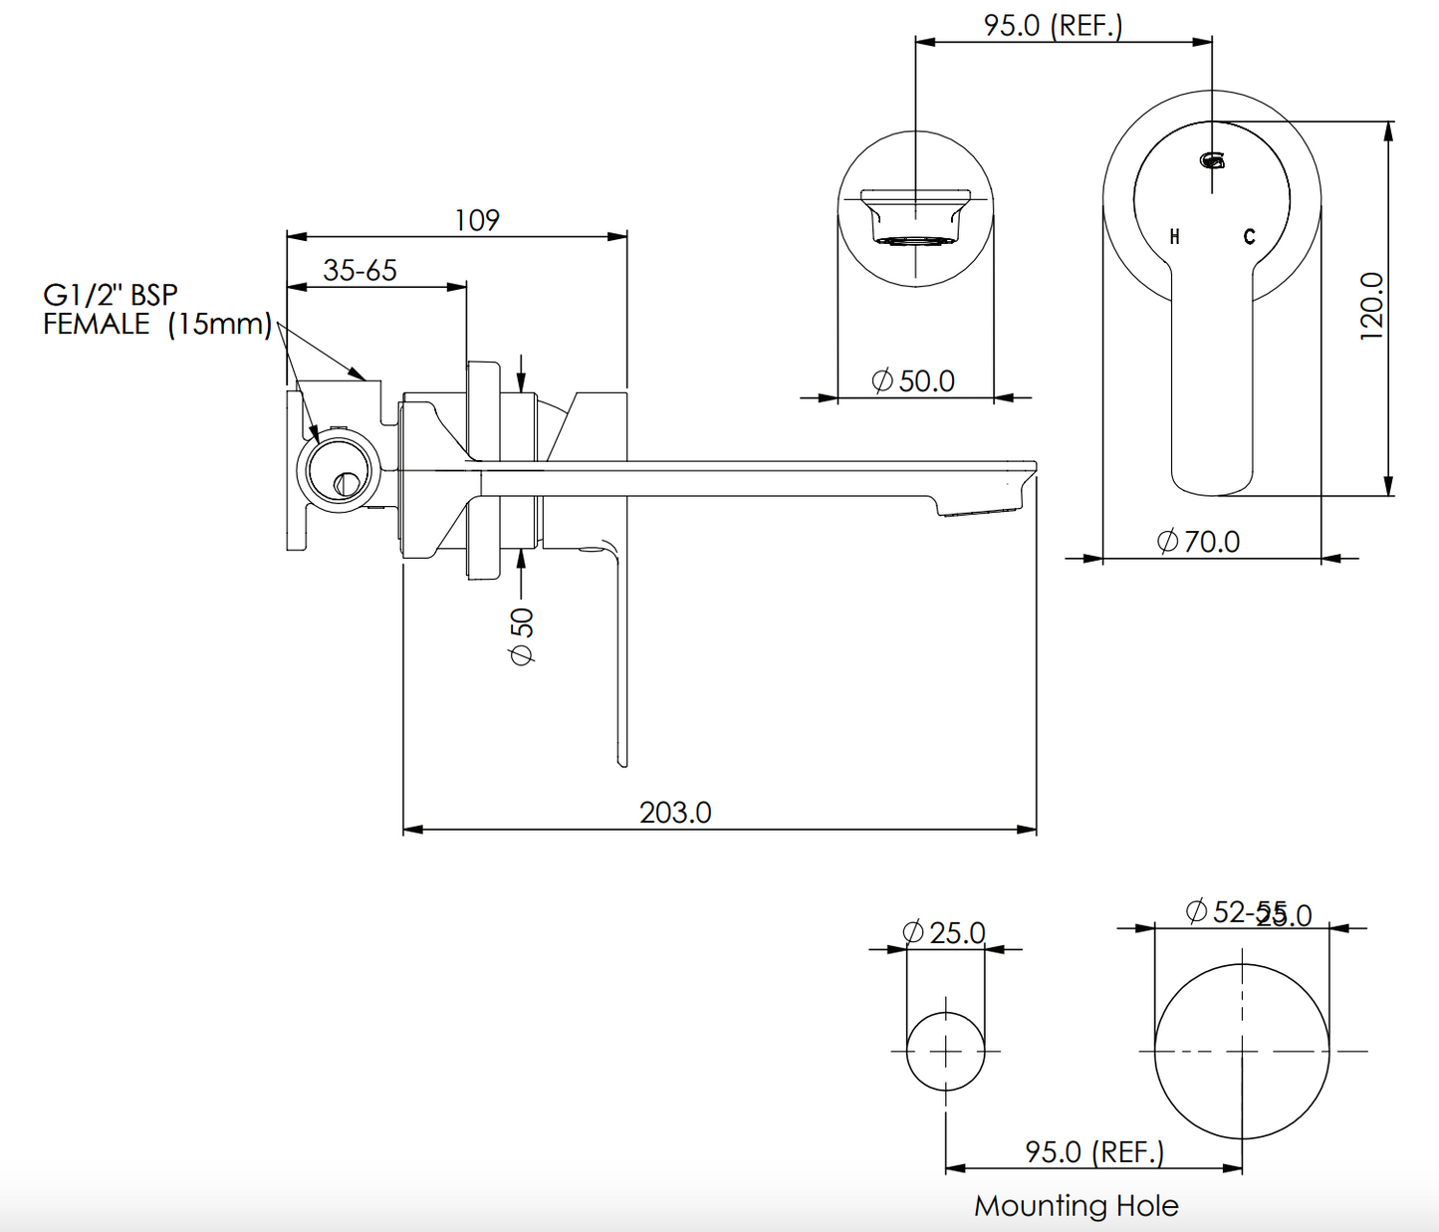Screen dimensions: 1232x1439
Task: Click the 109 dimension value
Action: point(477,219)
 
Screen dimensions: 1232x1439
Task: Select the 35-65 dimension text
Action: point(360,270)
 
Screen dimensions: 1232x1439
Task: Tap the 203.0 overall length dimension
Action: point(675,813)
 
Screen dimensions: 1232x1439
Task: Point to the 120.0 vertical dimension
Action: point(1371,306)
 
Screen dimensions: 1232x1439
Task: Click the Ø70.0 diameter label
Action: point(1199,542)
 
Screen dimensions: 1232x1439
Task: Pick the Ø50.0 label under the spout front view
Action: point(913,381)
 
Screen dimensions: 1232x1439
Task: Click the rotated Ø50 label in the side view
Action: point(522,636)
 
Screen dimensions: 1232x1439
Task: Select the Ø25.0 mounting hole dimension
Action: point(944,932)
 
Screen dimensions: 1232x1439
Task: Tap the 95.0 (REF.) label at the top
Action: point(1053,25)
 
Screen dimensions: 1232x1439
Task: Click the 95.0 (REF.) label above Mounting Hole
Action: point(1094,1152)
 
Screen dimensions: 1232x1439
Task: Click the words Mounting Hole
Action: point(1076,1206)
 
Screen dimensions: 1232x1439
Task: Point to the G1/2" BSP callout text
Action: point(110,295)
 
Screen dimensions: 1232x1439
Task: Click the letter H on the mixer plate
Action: point(1175,237)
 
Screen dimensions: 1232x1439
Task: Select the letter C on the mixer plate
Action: point(1249,237)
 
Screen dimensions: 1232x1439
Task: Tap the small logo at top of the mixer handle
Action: point(1212,159)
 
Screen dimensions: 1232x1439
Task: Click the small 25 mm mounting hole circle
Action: point(945,1051)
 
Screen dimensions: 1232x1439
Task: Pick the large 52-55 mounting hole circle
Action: point(1242,1051)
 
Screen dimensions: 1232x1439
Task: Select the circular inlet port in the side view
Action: point(339,470)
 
